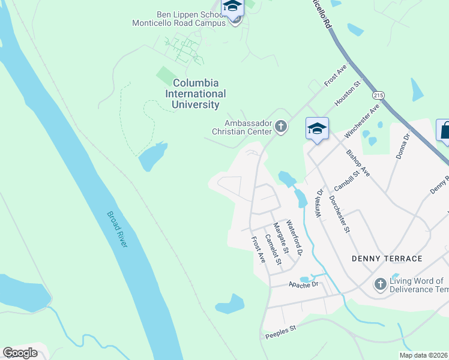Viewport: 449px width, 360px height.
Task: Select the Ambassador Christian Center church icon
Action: tap(282, 126)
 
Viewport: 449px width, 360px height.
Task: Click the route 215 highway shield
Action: tap(378, 95)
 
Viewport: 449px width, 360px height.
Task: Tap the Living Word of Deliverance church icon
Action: tap(379, 284)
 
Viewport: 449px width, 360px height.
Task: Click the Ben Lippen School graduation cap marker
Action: tap(232, 7)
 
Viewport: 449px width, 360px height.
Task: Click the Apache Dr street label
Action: tap(301, 285)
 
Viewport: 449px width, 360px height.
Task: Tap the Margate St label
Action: tap(281, 237)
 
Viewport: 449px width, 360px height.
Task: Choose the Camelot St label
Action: tap(273, 249)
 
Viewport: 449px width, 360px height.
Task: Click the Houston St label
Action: tap(346, 95)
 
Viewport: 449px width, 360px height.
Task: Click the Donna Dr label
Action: tap(408, 146)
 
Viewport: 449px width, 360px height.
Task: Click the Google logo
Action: tap(20, 353)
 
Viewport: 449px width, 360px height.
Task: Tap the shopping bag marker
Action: tap(445, 130)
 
